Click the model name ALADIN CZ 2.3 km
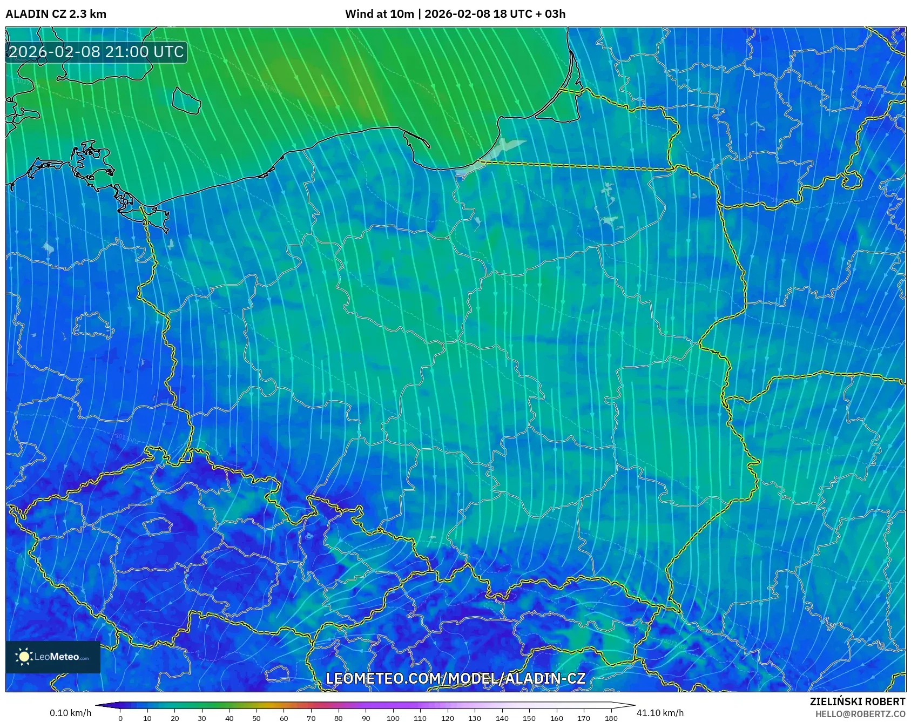(x=56, y=14)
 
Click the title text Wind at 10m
(x=380, y=14)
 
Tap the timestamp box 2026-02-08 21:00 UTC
(x=96, y=52)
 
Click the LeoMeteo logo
(x=53, y=657)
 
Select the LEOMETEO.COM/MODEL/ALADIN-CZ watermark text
(x=455, y=679)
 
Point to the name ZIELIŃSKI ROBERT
(x=857, y=701)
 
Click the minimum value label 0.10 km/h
(x=70, y=713)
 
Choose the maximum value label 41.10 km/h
(x=660, y=713)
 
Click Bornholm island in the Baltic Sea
(x=186, y=101)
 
